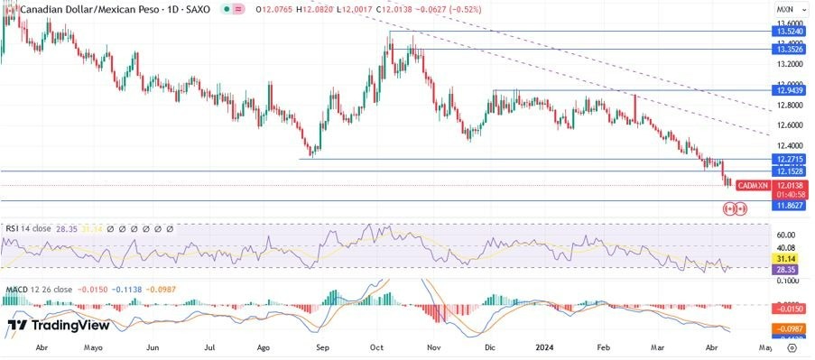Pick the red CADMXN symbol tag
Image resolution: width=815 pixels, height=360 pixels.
(x=753, y=185)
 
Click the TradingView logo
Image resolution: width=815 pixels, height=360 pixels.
(x=58, y=325)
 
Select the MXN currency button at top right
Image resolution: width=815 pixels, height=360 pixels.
(x=784, y=8)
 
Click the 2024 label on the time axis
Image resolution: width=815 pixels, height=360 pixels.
(x=544, y=346)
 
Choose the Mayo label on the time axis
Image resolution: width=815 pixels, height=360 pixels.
(x=93, y=346)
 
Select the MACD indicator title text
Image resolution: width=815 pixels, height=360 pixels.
(x=33, y=290)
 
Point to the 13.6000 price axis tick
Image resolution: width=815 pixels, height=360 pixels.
(x=791, y=23)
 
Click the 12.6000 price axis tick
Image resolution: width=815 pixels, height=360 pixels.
(x=791, y=125)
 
